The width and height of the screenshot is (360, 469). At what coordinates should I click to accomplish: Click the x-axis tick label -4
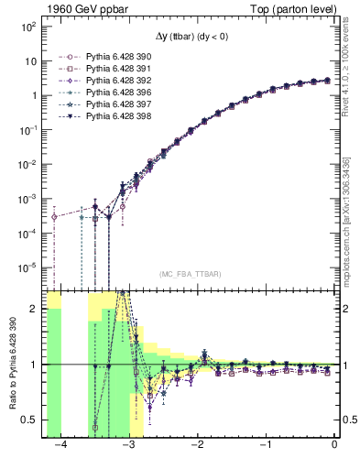pyautogui.click(x=60, y=445)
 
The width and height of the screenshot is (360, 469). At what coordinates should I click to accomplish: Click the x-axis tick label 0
pyautogui.click(x=334, y=445)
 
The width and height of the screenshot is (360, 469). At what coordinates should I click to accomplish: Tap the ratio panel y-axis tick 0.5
pyautogui.click(x=33, y=420)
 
